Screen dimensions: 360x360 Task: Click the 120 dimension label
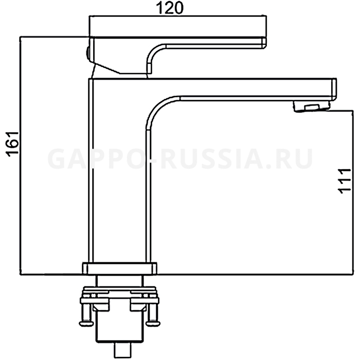click(x=170, y=8)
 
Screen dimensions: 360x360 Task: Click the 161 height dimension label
click(x=13, y=145)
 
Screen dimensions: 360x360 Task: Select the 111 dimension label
click(x=345, y=182)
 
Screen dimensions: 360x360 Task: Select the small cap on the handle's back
click(x=87, y=53)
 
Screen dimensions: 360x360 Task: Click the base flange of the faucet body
click(x=120, y=268)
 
